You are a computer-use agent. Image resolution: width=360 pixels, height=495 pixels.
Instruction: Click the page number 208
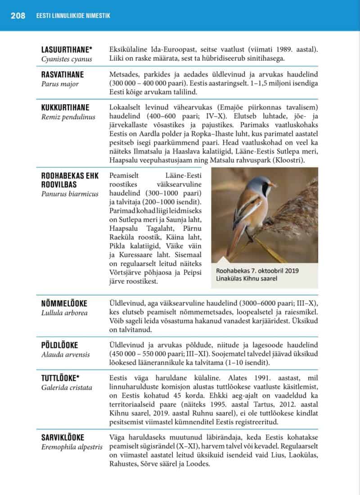(18, 16)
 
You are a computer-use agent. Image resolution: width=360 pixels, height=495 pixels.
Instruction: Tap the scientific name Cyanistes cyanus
(67, 59)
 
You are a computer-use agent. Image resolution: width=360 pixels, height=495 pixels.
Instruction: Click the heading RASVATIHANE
(63, 75)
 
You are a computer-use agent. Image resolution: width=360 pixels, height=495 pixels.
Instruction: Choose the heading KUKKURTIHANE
(65, 107)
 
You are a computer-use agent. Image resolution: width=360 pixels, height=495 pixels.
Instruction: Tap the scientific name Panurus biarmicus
(70, 194)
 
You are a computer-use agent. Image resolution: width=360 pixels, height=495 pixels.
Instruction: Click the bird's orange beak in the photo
(273, 185)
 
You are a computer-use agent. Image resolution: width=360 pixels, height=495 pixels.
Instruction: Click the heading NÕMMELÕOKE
(64, 303)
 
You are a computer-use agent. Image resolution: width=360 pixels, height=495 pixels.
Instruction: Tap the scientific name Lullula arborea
(64, 313)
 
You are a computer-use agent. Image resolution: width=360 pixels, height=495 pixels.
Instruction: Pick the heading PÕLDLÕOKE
(59, 345)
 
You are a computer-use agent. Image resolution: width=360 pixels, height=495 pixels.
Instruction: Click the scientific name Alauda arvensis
(65, 354)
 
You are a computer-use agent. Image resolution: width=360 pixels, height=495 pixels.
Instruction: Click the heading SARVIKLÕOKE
(63, 437)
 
